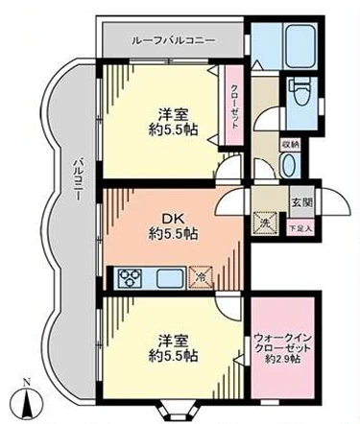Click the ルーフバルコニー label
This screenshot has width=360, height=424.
(x=172, y=40)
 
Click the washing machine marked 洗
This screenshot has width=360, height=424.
(x=263, y=224)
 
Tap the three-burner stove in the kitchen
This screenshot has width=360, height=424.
(x=128, y=277)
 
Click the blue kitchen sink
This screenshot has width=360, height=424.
(x=168, y=277)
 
